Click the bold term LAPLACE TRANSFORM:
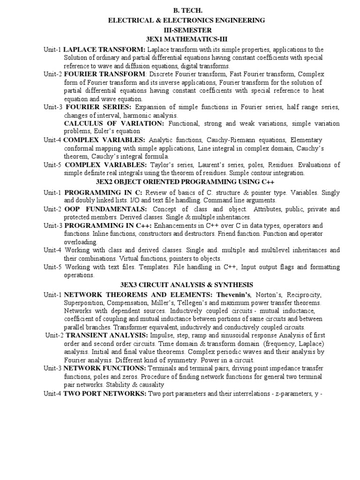pos(105,49)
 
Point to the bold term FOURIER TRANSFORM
pos(104,74)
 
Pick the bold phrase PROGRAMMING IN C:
pos(103,193)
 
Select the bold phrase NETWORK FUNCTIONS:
pos(104,368)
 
